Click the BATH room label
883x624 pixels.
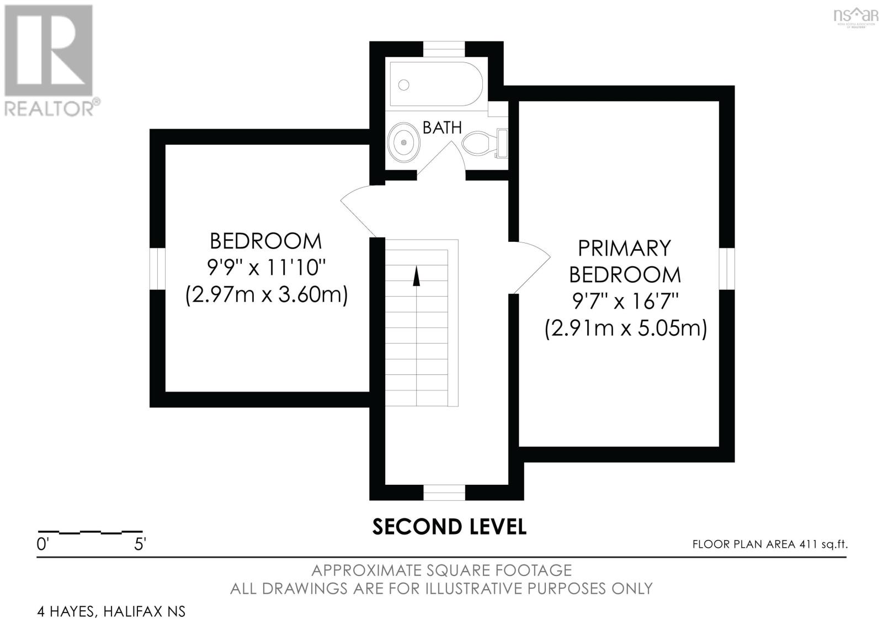pyautogui.click(x=442, y=128)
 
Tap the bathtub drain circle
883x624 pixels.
pyautogui.click(x=404, y=84)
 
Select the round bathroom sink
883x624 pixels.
pyautogui.click(x=404, y=142)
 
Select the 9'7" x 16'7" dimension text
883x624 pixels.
pyautogui.click(x=625, y=302)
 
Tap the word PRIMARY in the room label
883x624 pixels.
pyautogui.click(x=624, y=248)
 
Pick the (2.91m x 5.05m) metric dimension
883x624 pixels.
pyautogui.click(x=625, y=329)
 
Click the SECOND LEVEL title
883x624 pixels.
pyautogui.click(x=449, y=527)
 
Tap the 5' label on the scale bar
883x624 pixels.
pyautogui.click(x=140, y=544)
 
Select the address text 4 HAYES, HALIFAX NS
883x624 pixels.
pyautogui.click(x=111, y=611)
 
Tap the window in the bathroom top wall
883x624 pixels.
pyautogui.click(x=444, y=49)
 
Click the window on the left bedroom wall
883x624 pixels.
pyautogui.click(x=158, y=268)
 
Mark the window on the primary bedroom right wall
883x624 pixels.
pyautogui.click(x=727, y=268)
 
